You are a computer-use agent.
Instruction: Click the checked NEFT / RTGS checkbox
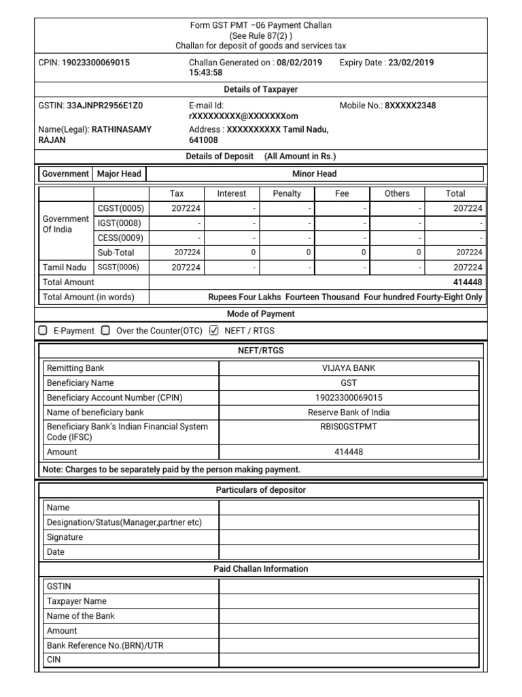[x=214, y=331]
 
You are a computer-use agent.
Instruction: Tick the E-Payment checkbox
[x=43, y=331]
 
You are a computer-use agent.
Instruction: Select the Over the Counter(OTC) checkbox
[x=105, y=331]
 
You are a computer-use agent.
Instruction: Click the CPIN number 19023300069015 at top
[x=95, y=63]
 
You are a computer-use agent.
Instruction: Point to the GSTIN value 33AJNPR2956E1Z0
[x=105, y=106]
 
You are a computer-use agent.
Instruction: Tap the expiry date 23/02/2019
[x=411, y=63]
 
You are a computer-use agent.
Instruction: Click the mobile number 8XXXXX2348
[x=411, y=106]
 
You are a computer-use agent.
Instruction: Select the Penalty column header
[x=287, y=194]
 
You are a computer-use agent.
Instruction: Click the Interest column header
[x=232, y=194]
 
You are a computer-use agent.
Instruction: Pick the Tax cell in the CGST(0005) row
[x=176, y=209]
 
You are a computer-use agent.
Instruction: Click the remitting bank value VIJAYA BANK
[x=349, y=368]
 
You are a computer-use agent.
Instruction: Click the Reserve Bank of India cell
[x=349, y=412]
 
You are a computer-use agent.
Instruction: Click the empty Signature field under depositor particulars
[x=349, y=537]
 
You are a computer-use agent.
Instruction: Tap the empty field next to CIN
[x=349, y=660]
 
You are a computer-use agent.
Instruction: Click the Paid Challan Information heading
[x=261, y=569]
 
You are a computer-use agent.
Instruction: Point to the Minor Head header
[x=315, y=174]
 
